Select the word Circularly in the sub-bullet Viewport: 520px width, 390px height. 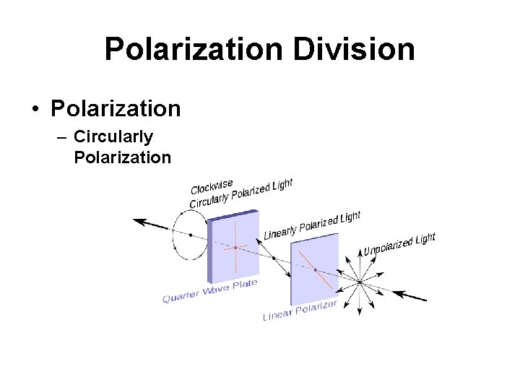[113, 136]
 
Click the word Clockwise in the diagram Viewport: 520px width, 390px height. [212, 186]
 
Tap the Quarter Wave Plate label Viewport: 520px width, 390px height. [209, 291]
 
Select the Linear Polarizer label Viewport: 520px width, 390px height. [300, 311]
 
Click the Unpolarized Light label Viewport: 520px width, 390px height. [399, 244]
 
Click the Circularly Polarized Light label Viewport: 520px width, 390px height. [240, 194]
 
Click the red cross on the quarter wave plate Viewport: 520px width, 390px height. [235, 248]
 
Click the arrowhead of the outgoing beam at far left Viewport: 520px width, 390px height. [138, 221]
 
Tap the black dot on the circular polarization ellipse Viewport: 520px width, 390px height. [190, 234]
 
